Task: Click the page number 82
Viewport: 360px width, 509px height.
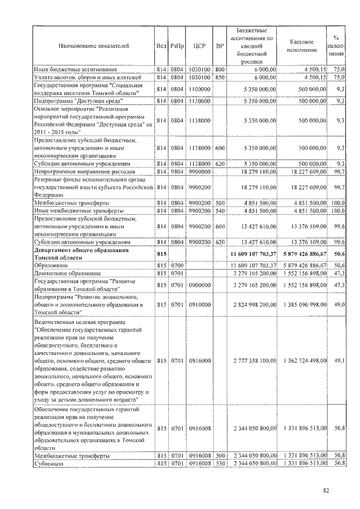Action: pos(326,490)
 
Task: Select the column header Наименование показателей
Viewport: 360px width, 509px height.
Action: pos(93,46)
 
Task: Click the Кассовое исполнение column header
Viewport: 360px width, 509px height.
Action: pos(305,46)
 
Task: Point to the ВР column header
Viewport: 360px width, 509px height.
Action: pos(220,46)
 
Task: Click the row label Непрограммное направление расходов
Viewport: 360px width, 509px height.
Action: pos(84,171)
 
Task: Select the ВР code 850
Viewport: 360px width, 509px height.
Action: pos(220,76)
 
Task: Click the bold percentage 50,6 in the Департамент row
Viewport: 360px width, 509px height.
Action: pos(339,255)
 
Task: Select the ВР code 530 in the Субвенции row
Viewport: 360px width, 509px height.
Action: pos(220,463)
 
